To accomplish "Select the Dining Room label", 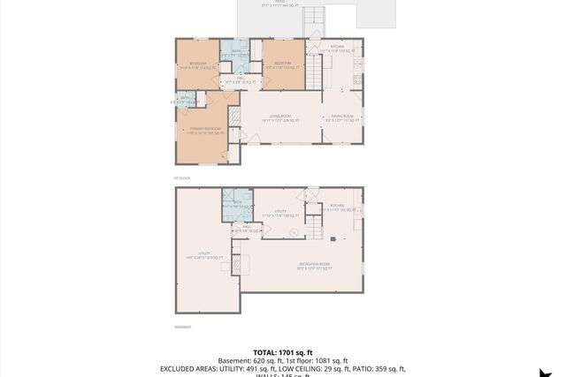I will pos(342,117).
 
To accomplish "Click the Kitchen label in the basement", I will pos(337,208).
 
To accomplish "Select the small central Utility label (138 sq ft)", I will pos(280,213).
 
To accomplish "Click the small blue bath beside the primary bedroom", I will pos(186,101).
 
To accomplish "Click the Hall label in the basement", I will pos(249,229).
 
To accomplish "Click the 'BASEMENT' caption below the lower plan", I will pos(183,327).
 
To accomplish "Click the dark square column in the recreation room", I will pos(332,238).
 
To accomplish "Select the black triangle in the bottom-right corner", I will pos(556,370).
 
